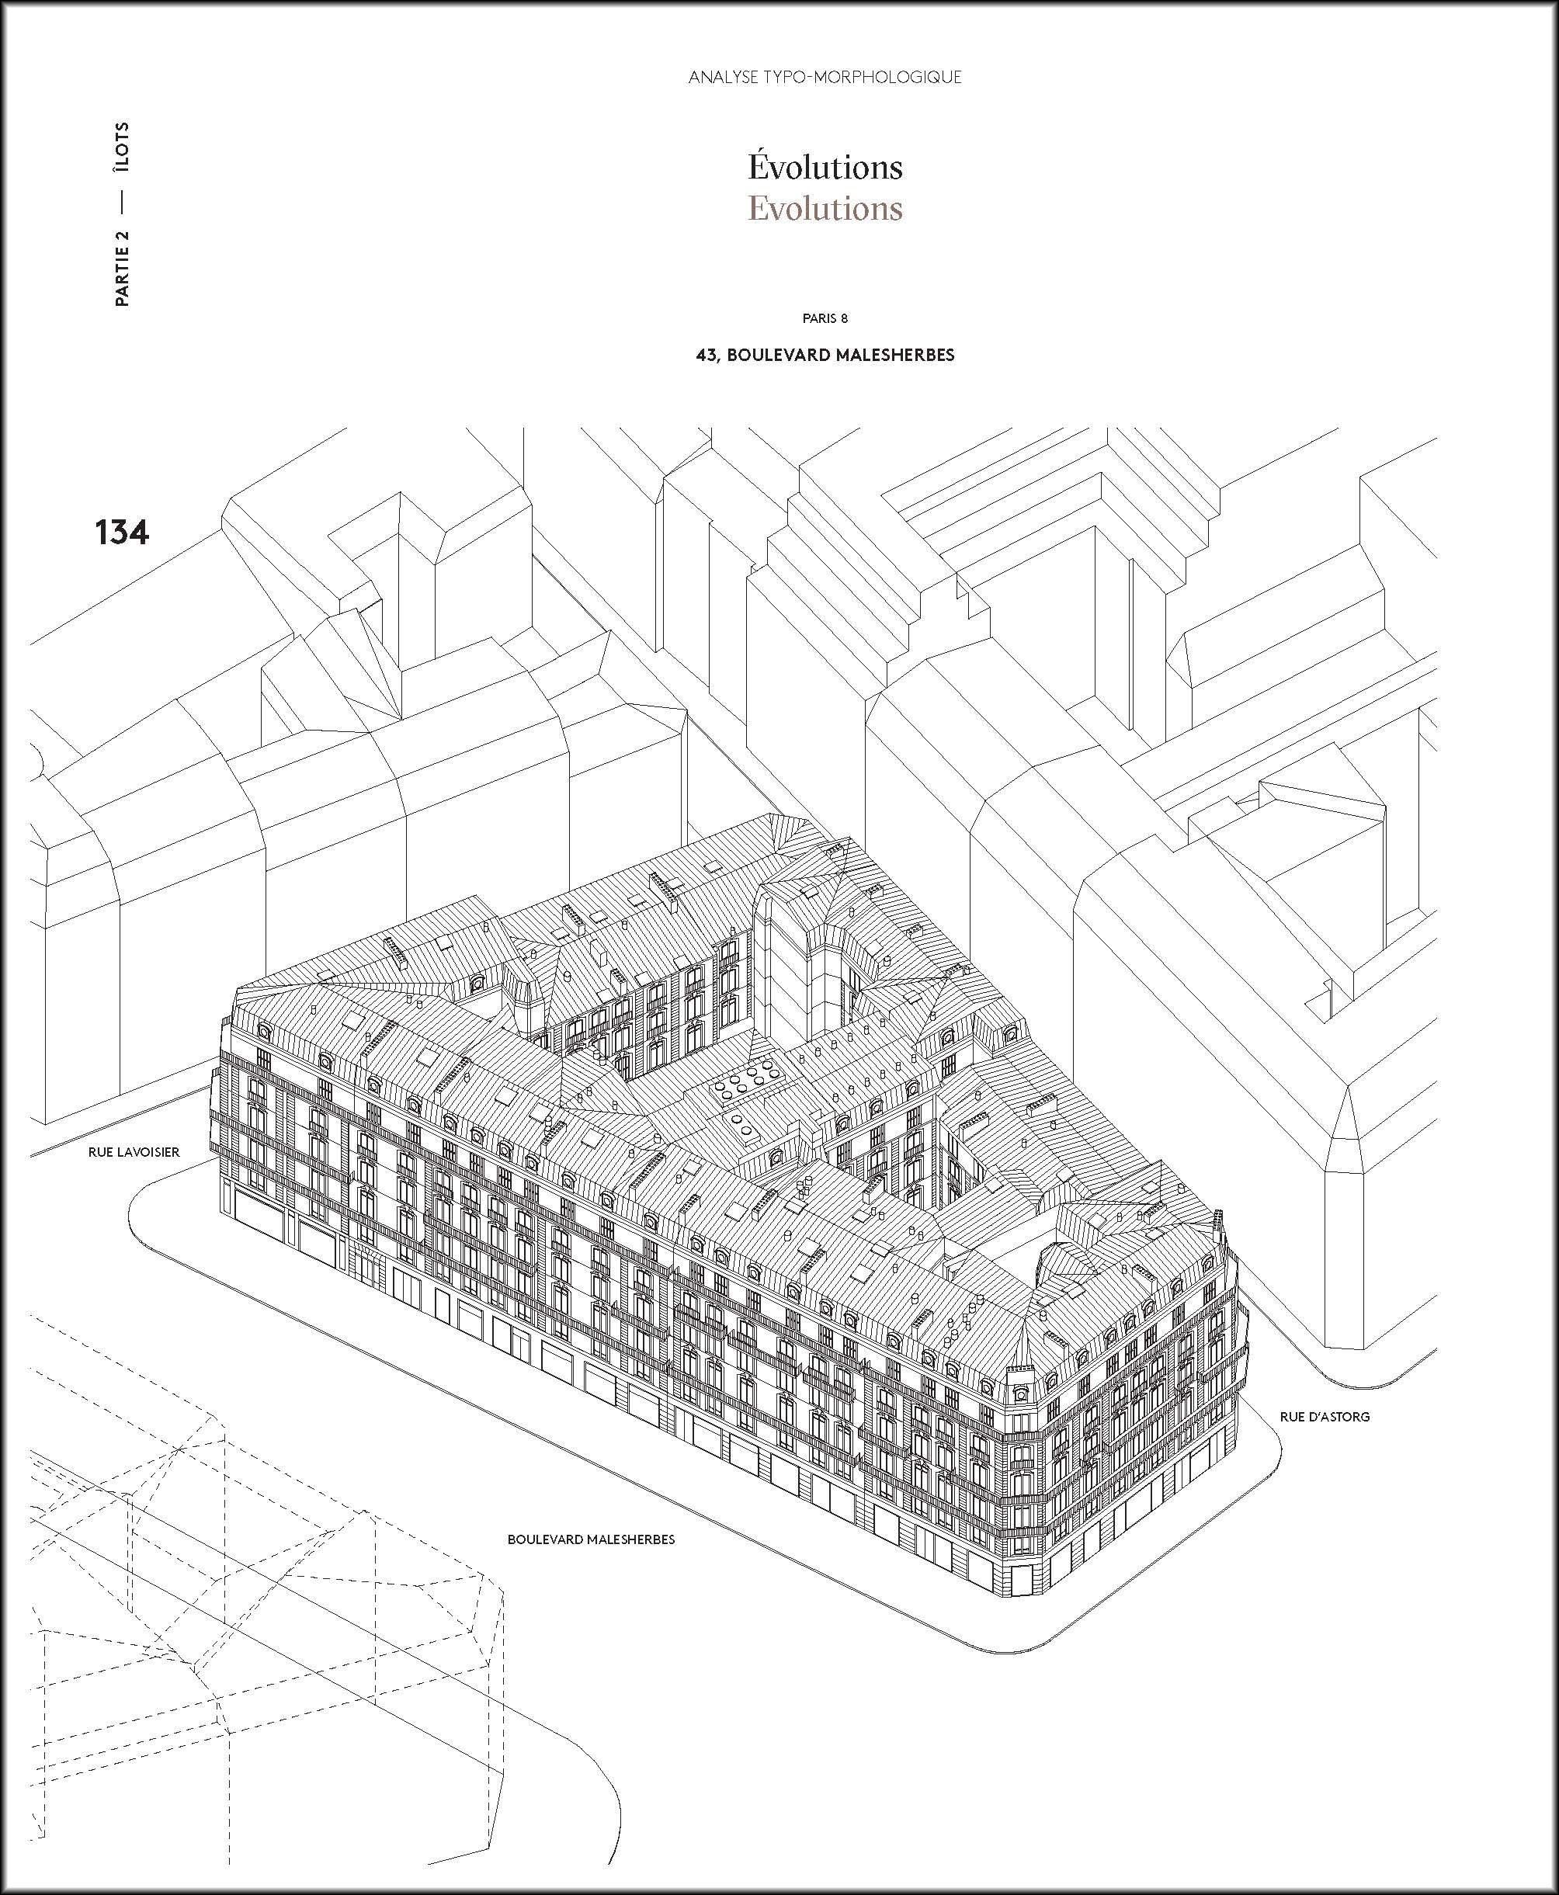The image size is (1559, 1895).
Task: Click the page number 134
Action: (121, 533)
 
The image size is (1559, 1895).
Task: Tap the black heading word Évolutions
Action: (825, 167)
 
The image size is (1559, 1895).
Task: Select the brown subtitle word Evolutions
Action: (825, 208)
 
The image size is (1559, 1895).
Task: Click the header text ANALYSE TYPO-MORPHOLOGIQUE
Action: (825, 77)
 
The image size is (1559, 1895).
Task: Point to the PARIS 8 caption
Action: (825, 318)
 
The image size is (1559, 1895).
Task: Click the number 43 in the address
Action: (707, 355)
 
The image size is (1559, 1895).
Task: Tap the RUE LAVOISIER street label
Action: (134, 1151)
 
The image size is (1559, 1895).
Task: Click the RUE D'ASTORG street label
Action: (1325, 1416)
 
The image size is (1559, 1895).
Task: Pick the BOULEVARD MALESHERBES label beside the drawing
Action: (591, 1539)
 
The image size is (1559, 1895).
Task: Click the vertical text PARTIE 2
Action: (122, 269)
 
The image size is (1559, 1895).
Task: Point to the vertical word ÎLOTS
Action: (122, 148)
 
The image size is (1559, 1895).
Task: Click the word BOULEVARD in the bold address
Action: (778, 355)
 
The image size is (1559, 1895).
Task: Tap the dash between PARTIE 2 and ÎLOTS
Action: (122, 204)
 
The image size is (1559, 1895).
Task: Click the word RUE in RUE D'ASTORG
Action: (1292, 1416)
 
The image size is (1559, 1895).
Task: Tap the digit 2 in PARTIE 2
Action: (122, 236)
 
